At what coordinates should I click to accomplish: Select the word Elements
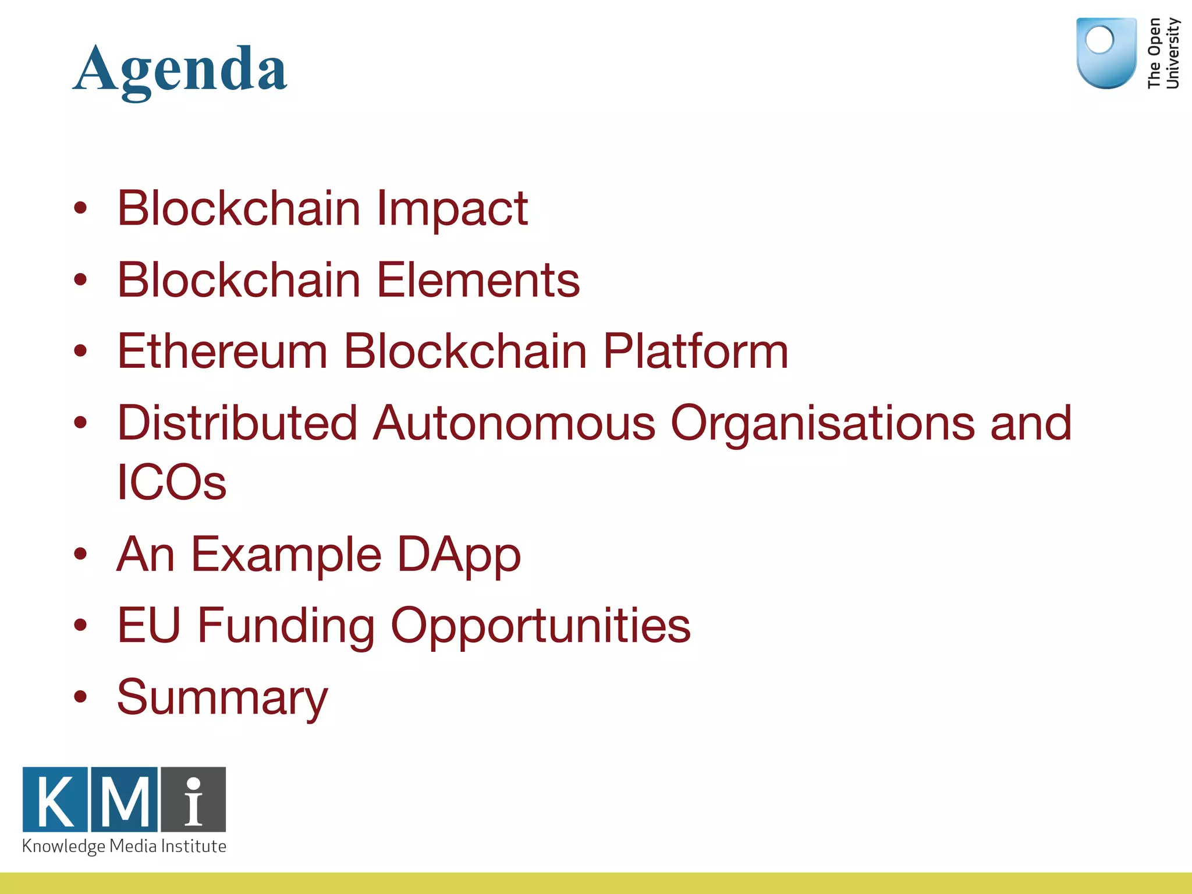tap(478, 280)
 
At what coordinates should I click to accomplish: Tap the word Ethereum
tap(222, 351)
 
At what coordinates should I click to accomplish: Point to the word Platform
tap(695, 351)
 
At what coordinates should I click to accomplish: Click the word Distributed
tap(237, 423)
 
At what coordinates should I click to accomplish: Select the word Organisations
tap(822, 423)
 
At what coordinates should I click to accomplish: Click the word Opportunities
tap(540, 625)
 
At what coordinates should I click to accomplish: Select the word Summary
tap(222, 697)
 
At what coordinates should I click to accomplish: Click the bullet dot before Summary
tap(80, 696)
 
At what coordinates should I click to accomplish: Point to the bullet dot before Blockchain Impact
tap(80, 207)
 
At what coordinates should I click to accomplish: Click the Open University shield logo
tap(1106, 52)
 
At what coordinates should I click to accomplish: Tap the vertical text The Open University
tap(1163, 53)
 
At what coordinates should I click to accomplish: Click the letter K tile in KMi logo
tap(55, 800)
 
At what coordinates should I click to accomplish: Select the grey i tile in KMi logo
tap(193, 800)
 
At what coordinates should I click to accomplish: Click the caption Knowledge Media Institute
tap(124, 846)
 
